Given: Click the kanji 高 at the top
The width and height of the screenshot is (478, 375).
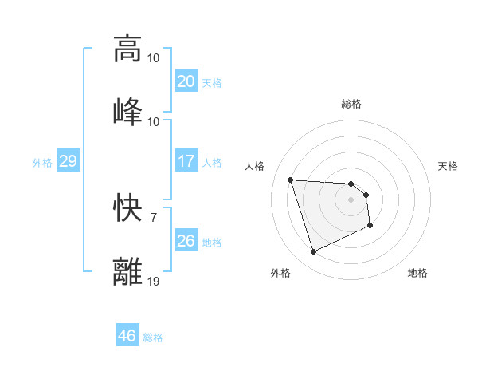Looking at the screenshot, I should pos(127,49).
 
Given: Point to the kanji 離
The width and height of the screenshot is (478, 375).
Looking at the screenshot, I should pos(127,270).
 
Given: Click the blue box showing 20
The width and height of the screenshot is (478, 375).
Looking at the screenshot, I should pos(186,81).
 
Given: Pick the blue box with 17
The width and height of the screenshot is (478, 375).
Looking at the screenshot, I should pos(186,161).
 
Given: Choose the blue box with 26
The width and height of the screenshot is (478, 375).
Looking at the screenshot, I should pos(186,241).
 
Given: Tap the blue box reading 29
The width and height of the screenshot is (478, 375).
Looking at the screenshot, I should pos(68,161).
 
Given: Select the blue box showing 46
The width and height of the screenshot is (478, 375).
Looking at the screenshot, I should pos(127,336).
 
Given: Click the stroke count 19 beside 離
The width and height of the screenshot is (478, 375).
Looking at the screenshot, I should pos(154,281).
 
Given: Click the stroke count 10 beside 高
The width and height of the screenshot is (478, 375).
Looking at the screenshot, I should pos(154,57).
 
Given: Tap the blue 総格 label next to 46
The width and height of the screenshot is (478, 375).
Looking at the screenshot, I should pos(153,337).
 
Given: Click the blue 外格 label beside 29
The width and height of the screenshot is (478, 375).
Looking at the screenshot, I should pos(42,163).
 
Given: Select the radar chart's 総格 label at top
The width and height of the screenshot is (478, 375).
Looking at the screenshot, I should pos(351,104).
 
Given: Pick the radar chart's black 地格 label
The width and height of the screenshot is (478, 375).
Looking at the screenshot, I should pos(417,273).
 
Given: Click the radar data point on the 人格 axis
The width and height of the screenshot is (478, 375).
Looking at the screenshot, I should pos(291,180).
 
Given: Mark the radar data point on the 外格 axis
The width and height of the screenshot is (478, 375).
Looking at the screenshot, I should pos(313,252).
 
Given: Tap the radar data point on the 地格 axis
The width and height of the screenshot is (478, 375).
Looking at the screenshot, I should pos(370,227).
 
